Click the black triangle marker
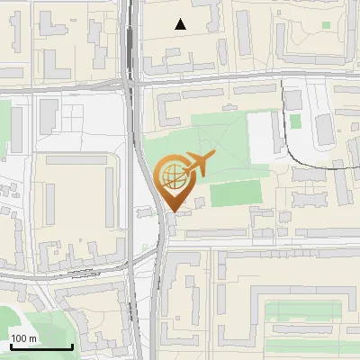tap(181, 24)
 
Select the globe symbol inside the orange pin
tap(172, 174)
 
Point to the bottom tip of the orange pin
tap(172, 212)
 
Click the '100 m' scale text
tap(24, 338)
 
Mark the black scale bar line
tap(40, 347)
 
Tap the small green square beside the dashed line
tap(295, 121)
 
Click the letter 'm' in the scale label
tap(33, 338)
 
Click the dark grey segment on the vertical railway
tap(132, 40)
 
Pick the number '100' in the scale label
tap(20, 338)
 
